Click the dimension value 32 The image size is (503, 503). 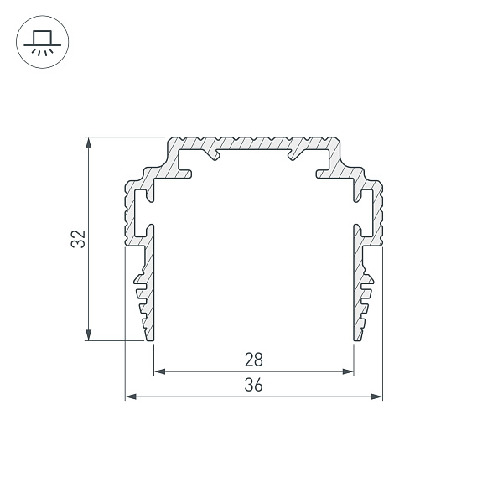point(78,239)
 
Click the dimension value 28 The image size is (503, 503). point(254,360)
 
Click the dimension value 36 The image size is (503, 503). point(254,385)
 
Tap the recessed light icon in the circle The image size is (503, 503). point(43,42)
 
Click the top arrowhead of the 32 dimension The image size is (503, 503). point(89,143)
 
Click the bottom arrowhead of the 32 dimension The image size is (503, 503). point(89,334)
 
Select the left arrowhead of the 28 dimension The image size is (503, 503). point(160,371)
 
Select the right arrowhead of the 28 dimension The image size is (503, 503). point(348,371)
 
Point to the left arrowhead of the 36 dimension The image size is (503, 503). point(131,397)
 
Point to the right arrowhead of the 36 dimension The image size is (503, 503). point(377,397)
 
